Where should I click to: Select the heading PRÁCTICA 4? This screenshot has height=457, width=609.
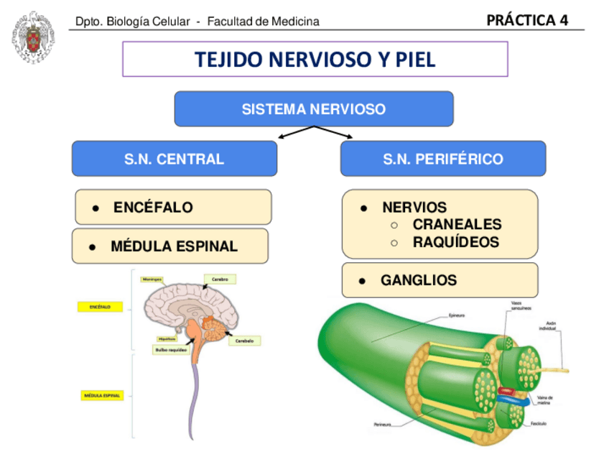pos(526,20)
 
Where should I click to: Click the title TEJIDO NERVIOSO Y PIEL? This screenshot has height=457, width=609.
pos(315,60)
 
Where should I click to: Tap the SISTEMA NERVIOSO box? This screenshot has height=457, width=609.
pos(314,109)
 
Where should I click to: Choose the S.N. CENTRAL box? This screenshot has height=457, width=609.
pos(174,159)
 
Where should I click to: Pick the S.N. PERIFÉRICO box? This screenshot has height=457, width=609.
pos(442,159)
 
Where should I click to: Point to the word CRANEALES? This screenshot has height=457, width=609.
pos(457,224)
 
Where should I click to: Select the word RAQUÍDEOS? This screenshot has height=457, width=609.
pos(455,242)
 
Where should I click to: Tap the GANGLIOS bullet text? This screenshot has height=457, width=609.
pos(419,280)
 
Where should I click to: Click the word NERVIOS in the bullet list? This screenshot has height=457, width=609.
pos(414,208)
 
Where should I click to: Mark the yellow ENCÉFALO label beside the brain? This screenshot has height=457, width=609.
pos(99,307)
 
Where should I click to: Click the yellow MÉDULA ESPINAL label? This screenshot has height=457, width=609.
pos(102,395)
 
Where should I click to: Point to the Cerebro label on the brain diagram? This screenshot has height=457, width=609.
pos(220,279)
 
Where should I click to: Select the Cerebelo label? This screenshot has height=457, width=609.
pos(244,341)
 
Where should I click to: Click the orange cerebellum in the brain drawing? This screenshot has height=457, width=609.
pos(213,326)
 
